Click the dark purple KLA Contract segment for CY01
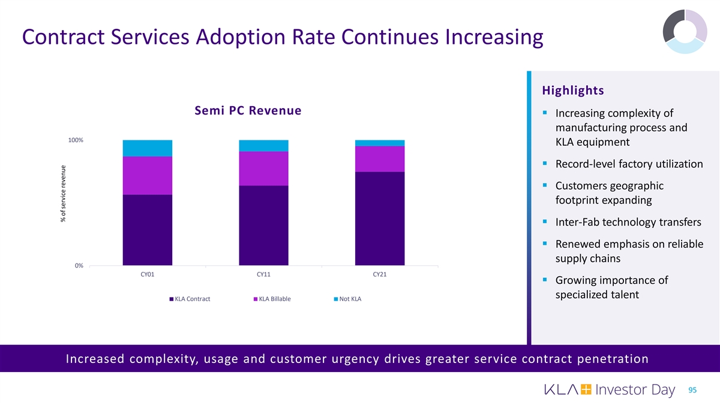click(x=148, y=230)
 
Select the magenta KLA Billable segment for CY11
click(x=263, y=169)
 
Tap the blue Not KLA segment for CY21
click(x=380, y=143)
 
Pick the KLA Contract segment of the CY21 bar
click(x=380, y=218)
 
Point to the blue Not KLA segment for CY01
click(x=148, y=148)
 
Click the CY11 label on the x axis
click(x=263, y=275)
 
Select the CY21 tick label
click(x=380, y=275)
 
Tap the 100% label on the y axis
click(x=76, y=140)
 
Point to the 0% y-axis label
click(x=79, y=266)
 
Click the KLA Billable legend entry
click(x=274, y=299)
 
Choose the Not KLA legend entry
click(x=350, y=299)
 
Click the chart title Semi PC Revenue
click(x=248, y=111)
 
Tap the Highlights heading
click(x=572, y=91)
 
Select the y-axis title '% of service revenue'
click(x=63, y=193)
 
